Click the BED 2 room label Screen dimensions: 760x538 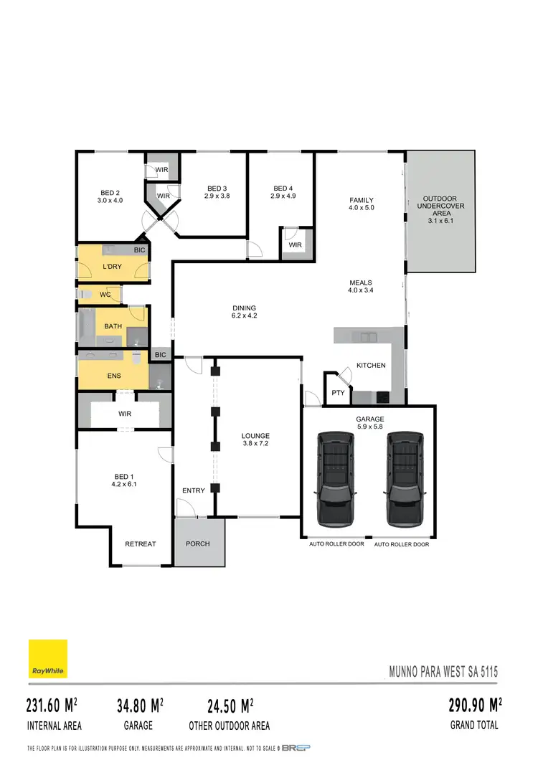click(x=110, y=192)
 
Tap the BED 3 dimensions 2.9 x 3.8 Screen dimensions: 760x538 click(x=217, y=196)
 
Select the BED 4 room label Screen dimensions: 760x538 click(x=283, y=189)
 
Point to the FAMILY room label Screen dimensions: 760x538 click(x=362, y=200)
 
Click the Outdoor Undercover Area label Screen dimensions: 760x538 click(x=440, y=206)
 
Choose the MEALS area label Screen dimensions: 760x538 click(x=360, y=282)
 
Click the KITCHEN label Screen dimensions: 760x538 click(x=371, y=365)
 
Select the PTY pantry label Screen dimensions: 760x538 click(x=336, y=393)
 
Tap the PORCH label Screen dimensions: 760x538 click(x=197, y=543)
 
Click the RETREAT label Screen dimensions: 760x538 click(x=140, y=543)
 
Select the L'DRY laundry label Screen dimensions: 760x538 click(x=113, y=267)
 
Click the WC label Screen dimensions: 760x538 click(x=105, y=294)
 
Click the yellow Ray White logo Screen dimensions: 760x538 click(x=48, y=658)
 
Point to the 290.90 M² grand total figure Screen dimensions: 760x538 click(x=474, y=706)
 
